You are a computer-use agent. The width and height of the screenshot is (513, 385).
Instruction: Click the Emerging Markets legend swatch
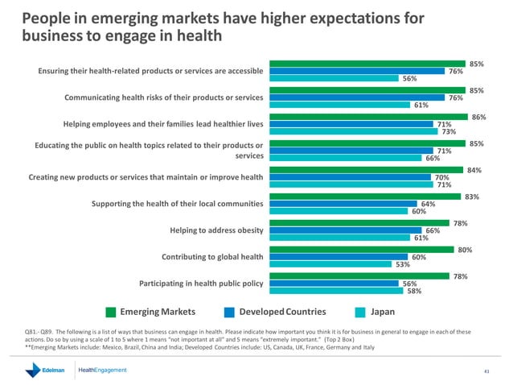point(112,312)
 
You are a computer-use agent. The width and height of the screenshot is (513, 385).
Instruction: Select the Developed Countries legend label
point(282,312)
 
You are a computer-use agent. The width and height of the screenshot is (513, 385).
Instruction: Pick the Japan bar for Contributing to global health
point(329,263)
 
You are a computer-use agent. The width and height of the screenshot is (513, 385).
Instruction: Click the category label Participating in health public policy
point(201,284)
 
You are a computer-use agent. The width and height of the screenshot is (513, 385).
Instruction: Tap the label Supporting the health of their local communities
point(179,204)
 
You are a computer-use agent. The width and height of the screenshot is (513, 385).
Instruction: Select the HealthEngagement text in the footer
point(103,370)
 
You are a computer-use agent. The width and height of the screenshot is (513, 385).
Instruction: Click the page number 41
point(486,371)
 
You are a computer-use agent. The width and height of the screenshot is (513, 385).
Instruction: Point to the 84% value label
point(474,170)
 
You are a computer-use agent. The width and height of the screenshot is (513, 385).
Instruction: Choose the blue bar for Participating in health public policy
point(331,284)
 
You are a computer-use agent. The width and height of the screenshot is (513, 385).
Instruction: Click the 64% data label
point(428,204)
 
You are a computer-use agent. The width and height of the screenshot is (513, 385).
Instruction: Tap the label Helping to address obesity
point(217,230)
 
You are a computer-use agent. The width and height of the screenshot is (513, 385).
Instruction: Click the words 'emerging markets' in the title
point(124,17)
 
